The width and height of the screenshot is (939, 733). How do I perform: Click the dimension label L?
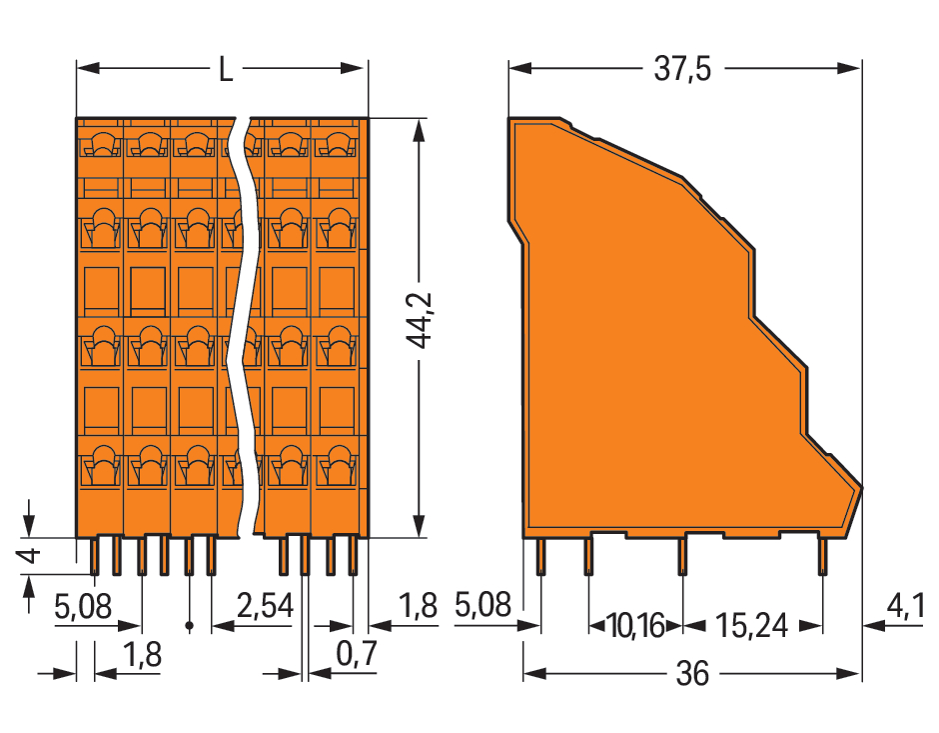pyautogui.click(x=225, y=70)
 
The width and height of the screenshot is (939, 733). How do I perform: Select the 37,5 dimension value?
pyautogui.click(x=682, y=69)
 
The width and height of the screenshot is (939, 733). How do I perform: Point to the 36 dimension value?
pyautogui.click(x=692, y=673)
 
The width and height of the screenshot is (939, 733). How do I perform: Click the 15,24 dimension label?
pyautogui.click(x=751, y=626)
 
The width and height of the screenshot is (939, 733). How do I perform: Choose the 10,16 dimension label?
pyautogui.click(x=635, y=626)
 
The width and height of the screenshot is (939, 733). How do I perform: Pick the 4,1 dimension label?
pyautogui.click(x=904, y=607)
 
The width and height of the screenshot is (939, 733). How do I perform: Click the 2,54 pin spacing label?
pyautogui.click(x=266, y=606)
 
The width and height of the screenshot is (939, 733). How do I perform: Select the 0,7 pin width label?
pyautogui.click(x=357, y=653)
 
